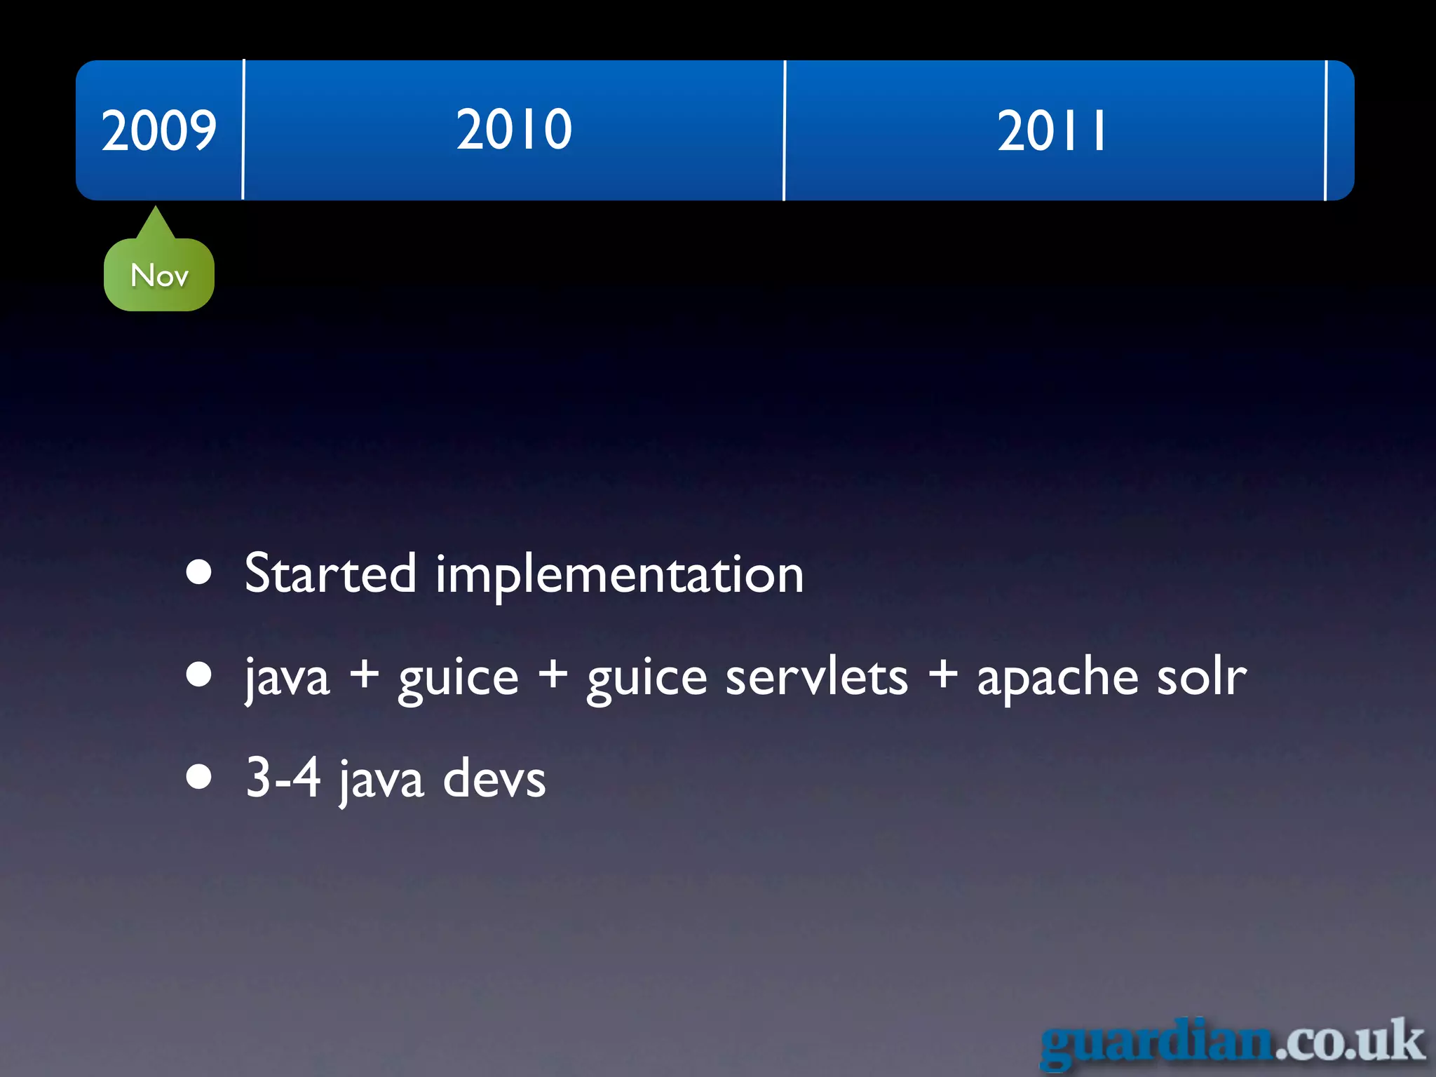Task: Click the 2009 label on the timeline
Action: [158, 130]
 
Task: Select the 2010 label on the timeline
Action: [514, 130]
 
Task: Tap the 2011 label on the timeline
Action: [1052, 131]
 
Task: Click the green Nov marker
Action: [159, 274]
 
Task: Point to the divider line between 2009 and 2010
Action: [243, 130]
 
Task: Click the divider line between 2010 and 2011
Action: [785, 130]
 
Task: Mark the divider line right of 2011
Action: [1326, 130]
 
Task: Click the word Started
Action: [330, 574]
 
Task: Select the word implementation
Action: [619, 575]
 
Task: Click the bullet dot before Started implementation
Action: [200, 572]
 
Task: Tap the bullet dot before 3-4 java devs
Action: [200, 777]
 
